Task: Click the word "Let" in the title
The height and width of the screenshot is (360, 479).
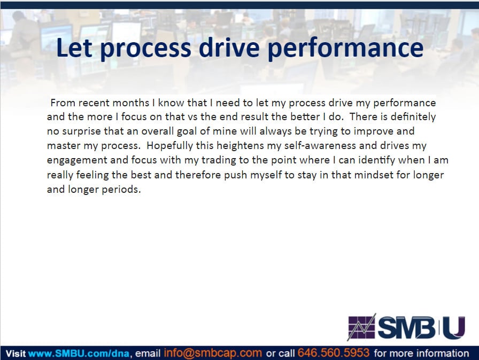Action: pos(74,48)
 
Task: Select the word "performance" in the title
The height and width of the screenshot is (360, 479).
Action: pos(345,49)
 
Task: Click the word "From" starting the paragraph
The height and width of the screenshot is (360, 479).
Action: pos(63,103)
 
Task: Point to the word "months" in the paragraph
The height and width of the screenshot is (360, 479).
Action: pos(131,103)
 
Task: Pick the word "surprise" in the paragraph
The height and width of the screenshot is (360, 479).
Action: pos(81,131)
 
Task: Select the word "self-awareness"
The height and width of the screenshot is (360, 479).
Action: pos(320,145)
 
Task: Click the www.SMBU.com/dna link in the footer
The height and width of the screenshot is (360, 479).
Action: pos(79,354)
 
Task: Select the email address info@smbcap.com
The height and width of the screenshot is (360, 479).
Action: pos(213,353)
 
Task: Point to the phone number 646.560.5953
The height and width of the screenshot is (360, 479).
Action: pos(333,353)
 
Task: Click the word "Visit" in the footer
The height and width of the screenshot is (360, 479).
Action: pos(16,354)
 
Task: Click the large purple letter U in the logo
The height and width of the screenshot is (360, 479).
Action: pos(454,327)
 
